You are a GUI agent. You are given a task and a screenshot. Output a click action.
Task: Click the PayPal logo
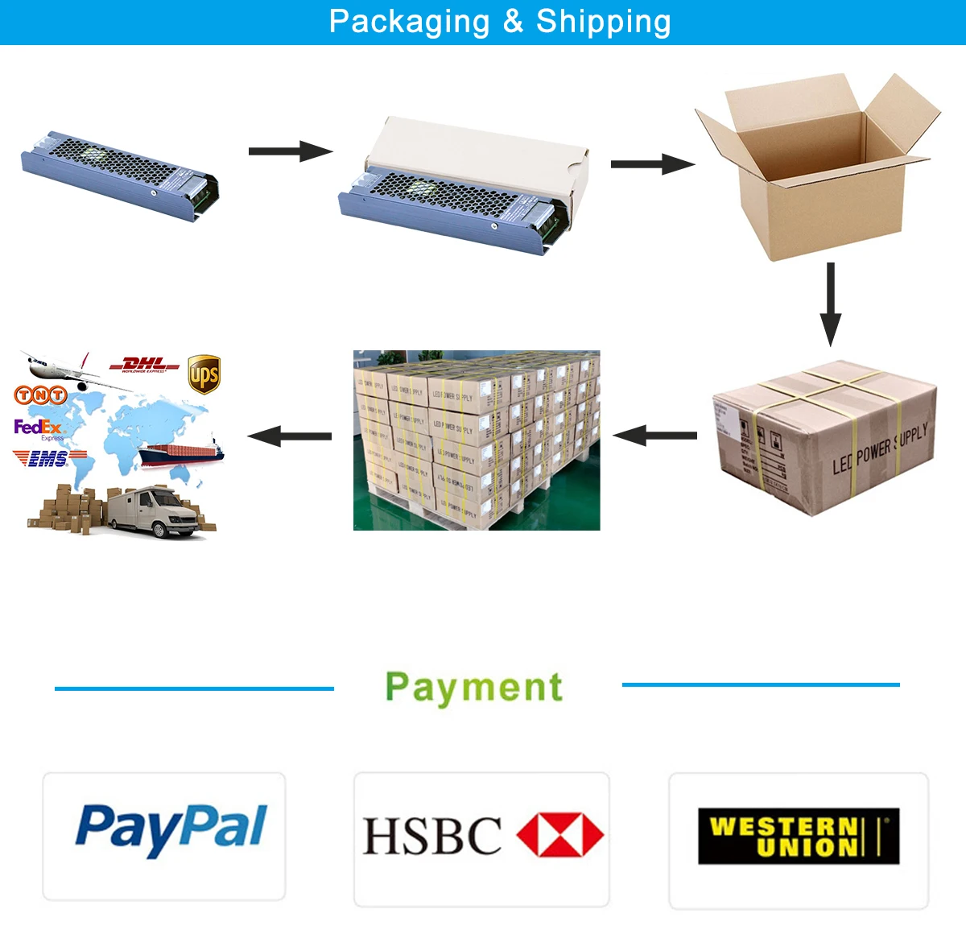pyautogui.click(x=171, y=829)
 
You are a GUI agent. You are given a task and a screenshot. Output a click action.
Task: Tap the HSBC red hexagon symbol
pyautogui.click(x=559, y=834)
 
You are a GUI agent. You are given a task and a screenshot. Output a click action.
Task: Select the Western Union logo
pyautogui.click(x=798, y=837)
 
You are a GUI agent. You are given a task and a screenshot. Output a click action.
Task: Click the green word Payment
pyautogui.click(x=474, y=688)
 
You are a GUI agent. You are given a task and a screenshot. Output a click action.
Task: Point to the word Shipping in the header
pyautogui.click(x=604, y=22)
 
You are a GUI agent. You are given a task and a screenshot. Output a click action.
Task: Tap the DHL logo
pyautogui.click(x=145, y=365)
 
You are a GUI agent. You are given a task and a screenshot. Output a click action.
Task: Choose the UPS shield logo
pyautogui.click(x=204, y=374)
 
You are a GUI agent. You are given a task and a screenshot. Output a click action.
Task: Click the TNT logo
pyautogui.click(x=40, y=395)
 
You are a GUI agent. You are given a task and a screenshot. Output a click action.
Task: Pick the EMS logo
pyautogui.click(x=48, y=459)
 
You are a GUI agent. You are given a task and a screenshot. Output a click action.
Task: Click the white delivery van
pyautogui.click(x=153, y=511)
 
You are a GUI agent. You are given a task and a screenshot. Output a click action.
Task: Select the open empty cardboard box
pyautogui.click(x=813, y=169)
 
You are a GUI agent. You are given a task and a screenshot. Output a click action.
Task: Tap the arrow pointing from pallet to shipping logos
pyautogui.click(x=290, y=436)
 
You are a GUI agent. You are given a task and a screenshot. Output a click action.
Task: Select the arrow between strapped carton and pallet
pyautogui.click(x=655, y=436)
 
